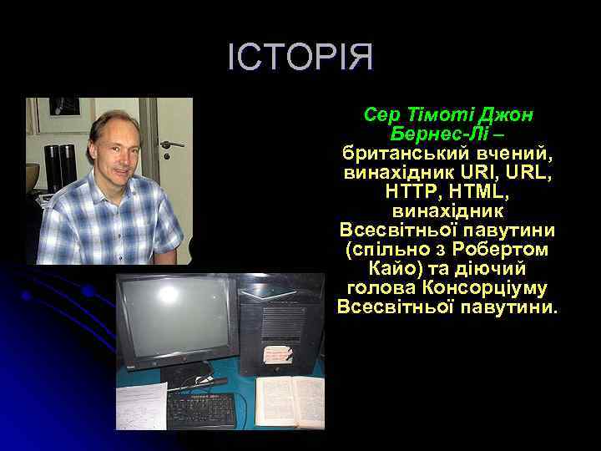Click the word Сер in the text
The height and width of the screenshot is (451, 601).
(381, 114)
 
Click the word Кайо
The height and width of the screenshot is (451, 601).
(390, 268)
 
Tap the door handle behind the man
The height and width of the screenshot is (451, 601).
(170, 144)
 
